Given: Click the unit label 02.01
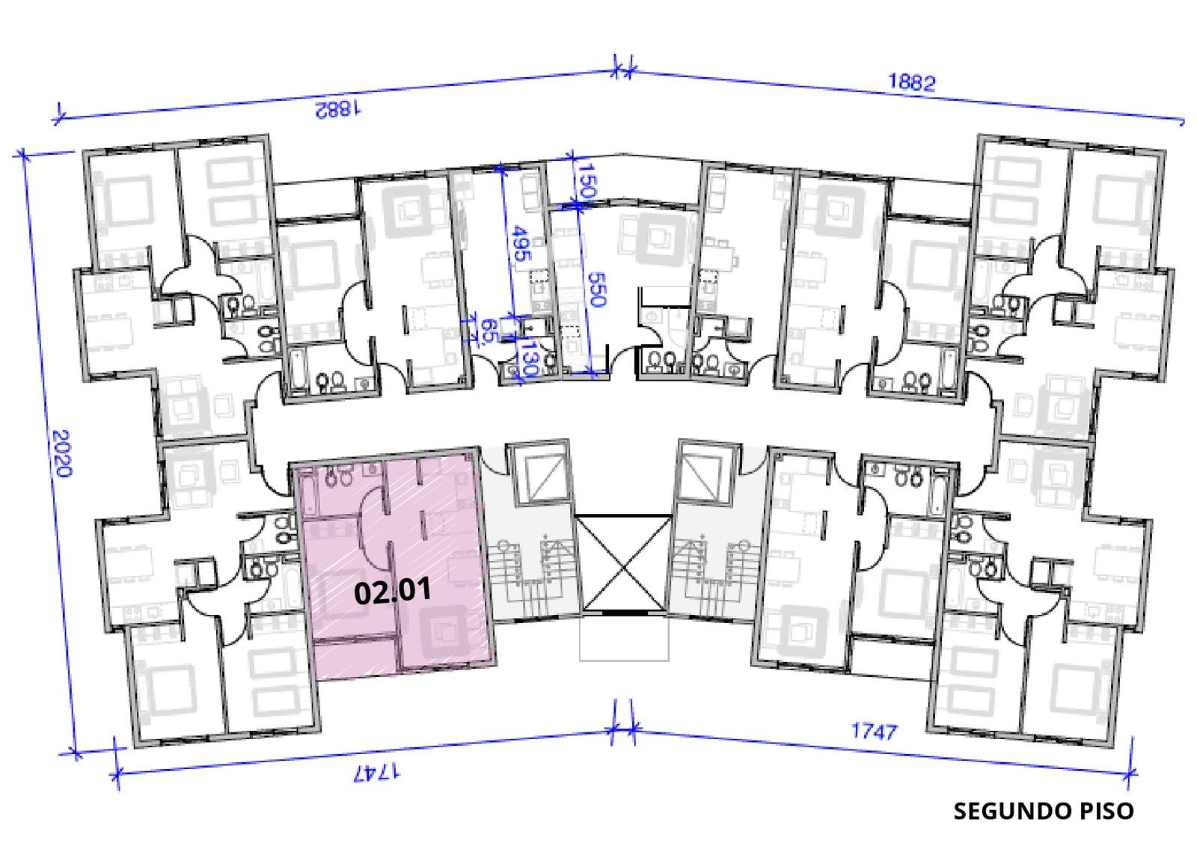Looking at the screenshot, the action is [393, 592].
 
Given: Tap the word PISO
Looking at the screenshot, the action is [1106, 811].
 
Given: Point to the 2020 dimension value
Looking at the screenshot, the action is [63, 454].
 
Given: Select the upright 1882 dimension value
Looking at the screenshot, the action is [912, 82].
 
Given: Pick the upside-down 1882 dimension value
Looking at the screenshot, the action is [338, 109].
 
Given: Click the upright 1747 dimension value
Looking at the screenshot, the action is [875, 731].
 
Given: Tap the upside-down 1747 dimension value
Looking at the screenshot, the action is [377, 772].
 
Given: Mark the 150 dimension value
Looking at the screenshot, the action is [587, 180].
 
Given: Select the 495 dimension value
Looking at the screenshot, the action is [521, 243].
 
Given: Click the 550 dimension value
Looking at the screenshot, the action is [596, 289].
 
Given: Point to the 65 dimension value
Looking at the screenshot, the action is [489, 331].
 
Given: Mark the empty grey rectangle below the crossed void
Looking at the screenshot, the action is [624, 638].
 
